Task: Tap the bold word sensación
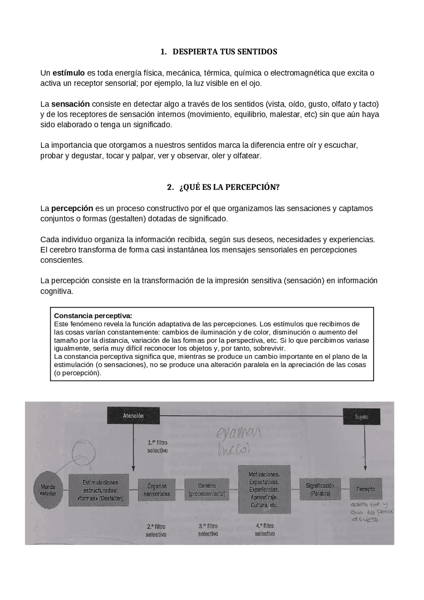click(70, 104)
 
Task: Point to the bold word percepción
click(72, 208)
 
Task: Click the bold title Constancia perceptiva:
click(93, 315)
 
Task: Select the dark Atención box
click(133, 416)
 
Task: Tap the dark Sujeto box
click(361, 417)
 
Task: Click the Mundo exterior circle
click(48, 490)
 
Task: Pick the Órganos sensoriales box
click(157, 490)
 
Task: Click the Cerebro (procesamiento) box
click(207, 490)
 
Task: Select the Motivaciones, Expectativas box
click(264, 489)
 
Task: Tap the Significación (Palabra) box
click(320, 489)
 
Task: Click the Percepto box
click(366, 489)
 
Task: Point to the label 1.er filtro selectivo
click(157, 446)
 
